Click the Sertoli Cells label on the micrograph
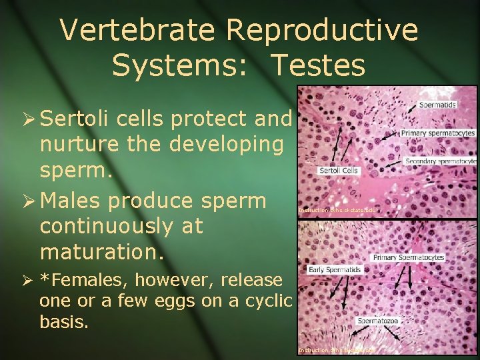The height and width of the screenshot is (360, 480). [x=338, y=171]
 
